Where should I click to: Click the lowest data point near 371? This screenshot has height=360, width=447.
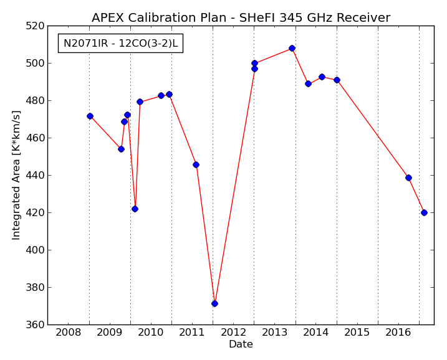tap(214, 303)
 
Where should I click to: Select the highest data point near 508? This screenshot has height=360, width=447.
tap(292, 48)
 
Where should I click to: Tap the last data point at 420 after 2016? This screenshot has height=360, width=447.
tap(424, 212)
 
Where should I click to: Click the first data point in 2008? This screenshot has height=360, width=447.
tap(90, 116)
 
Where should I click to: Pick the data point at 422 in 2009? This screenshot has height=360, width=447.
tap(135, 209)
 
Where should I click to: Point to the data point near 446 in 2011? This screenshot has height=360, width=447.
tap(196, 164)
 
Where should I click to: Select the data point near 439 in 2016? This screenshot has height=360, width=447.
tap(408, 178)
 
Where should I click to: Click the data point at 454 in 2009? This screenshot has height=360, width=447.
tap(121, 149)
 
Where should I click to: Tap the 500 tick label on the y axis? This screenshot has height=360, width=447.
tap(34, 64)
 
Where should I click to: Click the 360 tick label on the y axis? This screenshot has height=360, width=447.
tap(34, 324)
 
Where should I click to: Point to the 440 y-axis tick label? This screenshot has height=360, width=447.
tap(34, 176)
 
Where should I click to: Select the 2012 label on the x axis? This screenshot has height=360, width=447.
tap(233, 332)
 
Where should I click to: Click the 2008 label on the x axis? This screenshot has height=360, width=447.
tap(69, 332)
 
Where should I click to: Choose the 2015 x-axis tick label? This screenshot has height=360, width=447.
tap(357, 332)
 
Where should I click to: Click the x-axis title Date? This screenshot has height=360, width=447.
tap(241, 344)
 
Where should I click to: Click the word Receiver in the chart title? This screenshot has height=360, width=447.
tap(363, 17)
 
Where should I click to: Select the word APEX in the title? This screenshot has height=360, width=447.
tap(108, 17)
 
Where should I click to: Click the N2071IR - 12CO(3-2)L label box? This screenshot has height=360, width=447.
tap(120, 44)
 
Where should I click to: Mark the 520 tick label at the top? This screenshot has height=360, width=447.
tap(34, 26)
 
